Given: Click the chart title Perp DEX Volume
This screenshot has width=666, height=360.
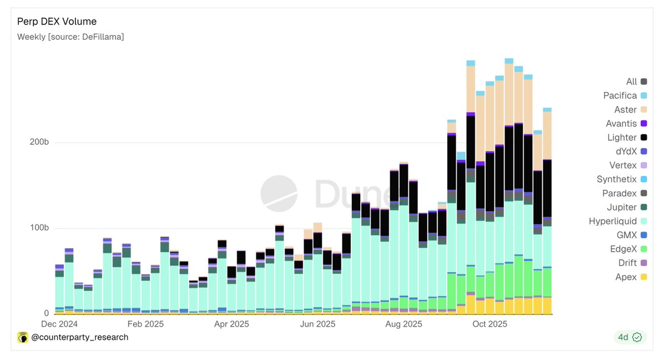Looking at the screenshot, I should pyautogui.click(x=57, y=22).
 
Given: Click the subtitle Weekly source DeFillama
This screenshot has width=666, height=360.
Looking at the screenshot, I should pyautogui.click(x=70, y=37).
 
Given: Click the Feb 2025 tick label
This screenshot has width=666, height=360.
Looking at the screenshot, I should pyautogui.click(x=145, y=324).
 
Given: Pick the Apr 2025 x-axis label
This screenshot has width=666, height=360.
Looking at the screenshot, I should pyautogui.click(x=231, y=324).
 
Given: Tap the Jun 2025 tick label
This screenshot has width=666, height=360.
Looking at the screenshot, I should pyautogui.click(x=317, y=324).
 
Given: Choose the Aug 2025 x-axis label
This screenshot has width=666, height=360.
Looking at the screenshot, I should pyautogui.click(x=403, y=324).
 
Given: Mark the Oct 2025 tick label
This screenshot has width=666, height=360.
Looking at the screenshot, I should pyautogui.click(x=490, y=324).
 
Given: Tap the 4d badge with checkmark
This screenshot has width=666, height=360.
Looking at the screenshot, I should pyautogui.click(x=630, y=337).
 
